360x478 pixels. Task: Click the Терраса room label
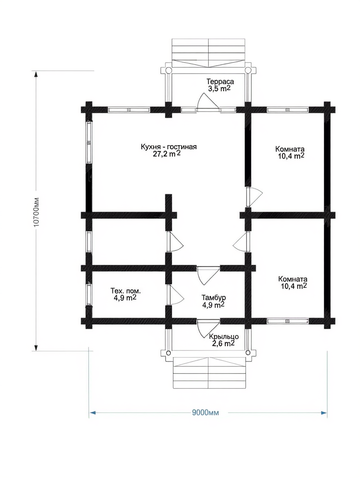pyautogui.click(x=220, y=82)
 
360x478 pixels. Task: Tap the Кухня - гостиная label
pyautogui.click(x=169, y=147)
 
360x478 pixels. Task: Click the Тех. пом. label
pyautogui.click(x=126, y=291)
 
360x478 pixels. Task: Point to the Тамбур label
pyautogui.click(x=214, y=298)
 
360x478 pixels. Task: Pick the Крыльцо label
pyautogui.click(x=224, y=337)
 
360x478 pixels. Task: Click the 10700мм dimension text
pyautogui.click(x=36, y=212)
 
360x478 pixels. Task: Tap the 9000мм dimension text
pyautogui.click(x=205, y=413)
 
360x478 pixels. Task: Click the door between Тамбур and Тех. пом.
pyautogui.click(x=175, y=295)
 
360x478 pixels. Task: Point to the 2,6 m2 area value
pyautogui.click(x=223, y=344)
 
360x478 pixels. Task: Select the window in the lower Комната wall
pyautogui.click(x=288, y=321)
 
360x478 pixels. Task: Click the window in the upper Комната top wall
pyautogui.click(x=288, y=110)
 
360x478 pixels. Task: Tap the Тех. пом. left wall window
pyautogui.click(x=89, y=295)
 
